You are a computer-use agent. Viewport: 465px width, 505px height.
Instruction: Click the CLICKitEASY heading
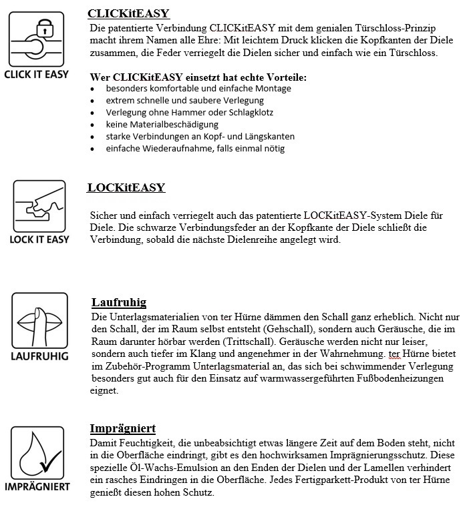128,13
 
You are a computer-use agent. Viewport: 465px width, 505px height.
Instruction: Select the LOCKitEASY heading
126,187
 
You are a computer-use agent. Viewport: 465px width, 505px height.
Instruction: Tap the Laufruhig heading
118,303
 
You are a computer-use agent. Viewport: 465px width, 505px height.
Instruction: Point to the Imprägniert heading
122,428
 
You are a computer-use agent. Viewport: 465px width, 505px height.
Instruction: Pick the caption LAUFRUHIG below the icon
39,356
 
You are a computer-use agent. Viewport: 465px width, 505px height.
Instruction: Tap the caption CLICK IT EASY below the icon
36,74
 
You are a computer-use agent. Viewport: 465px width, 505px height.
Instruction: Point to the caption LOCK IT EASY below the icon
39,239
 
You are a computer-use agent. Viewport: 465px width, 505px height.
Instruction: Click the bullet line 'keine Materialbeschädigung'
162,124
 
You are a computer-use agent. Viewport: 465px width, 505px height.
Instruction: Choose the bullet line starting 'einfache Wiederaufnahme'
195,148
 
